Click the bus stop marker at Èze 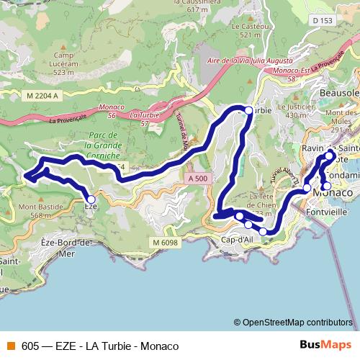point(91,199)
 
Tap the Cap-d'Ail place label point(238,239)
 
